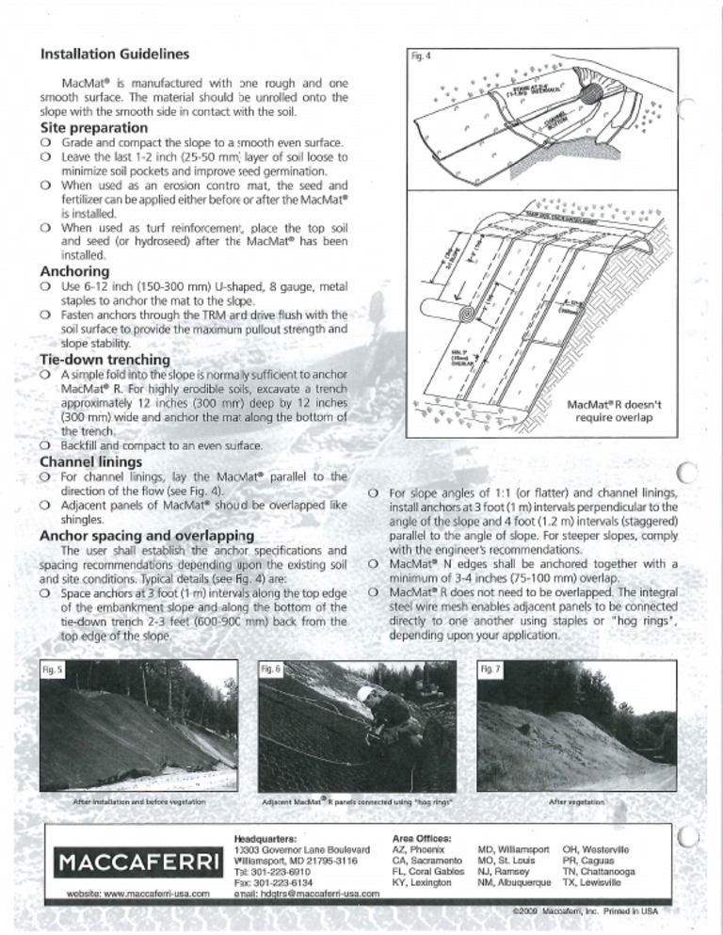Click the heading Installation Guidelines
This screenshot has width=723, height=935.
pos(115,53)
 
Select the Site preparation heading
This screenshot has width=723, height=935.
pos(93,127)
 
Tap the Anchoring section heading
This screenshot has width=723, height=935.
pos(76,270)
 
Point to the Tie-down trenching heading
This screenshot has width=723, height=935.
pos(104,360)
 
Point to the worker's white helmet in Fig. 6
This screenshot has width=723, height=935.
pos(364,693)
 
